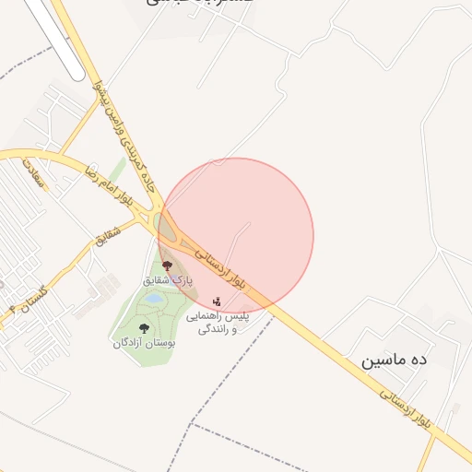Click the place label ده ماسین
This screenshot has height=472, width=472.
point(395,360)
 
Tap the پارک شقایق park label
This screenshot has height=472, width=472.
point(167,278)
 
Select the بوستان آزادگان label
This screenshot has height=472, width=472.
point(144,343)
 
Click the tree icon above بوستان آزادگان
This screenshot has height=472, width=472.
point(143,328)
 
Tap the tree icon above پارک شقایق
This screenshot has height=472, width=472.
point(167,265)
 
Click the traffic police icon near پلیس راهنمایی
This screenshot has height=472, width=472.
point(217,301)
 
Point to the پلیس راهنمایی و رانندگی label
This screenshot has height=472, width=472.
point(219,322)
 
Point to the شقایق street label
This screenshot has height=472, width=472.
point(108,240)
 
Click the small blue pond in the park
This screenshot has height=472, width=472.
point(153,300)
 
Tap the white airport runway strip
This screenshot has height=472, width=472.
point(55,37)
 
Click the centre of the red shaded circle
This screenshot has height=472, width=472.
point(236,235)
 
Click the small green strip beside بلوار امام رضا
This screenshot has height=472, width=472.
point(116,170)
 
